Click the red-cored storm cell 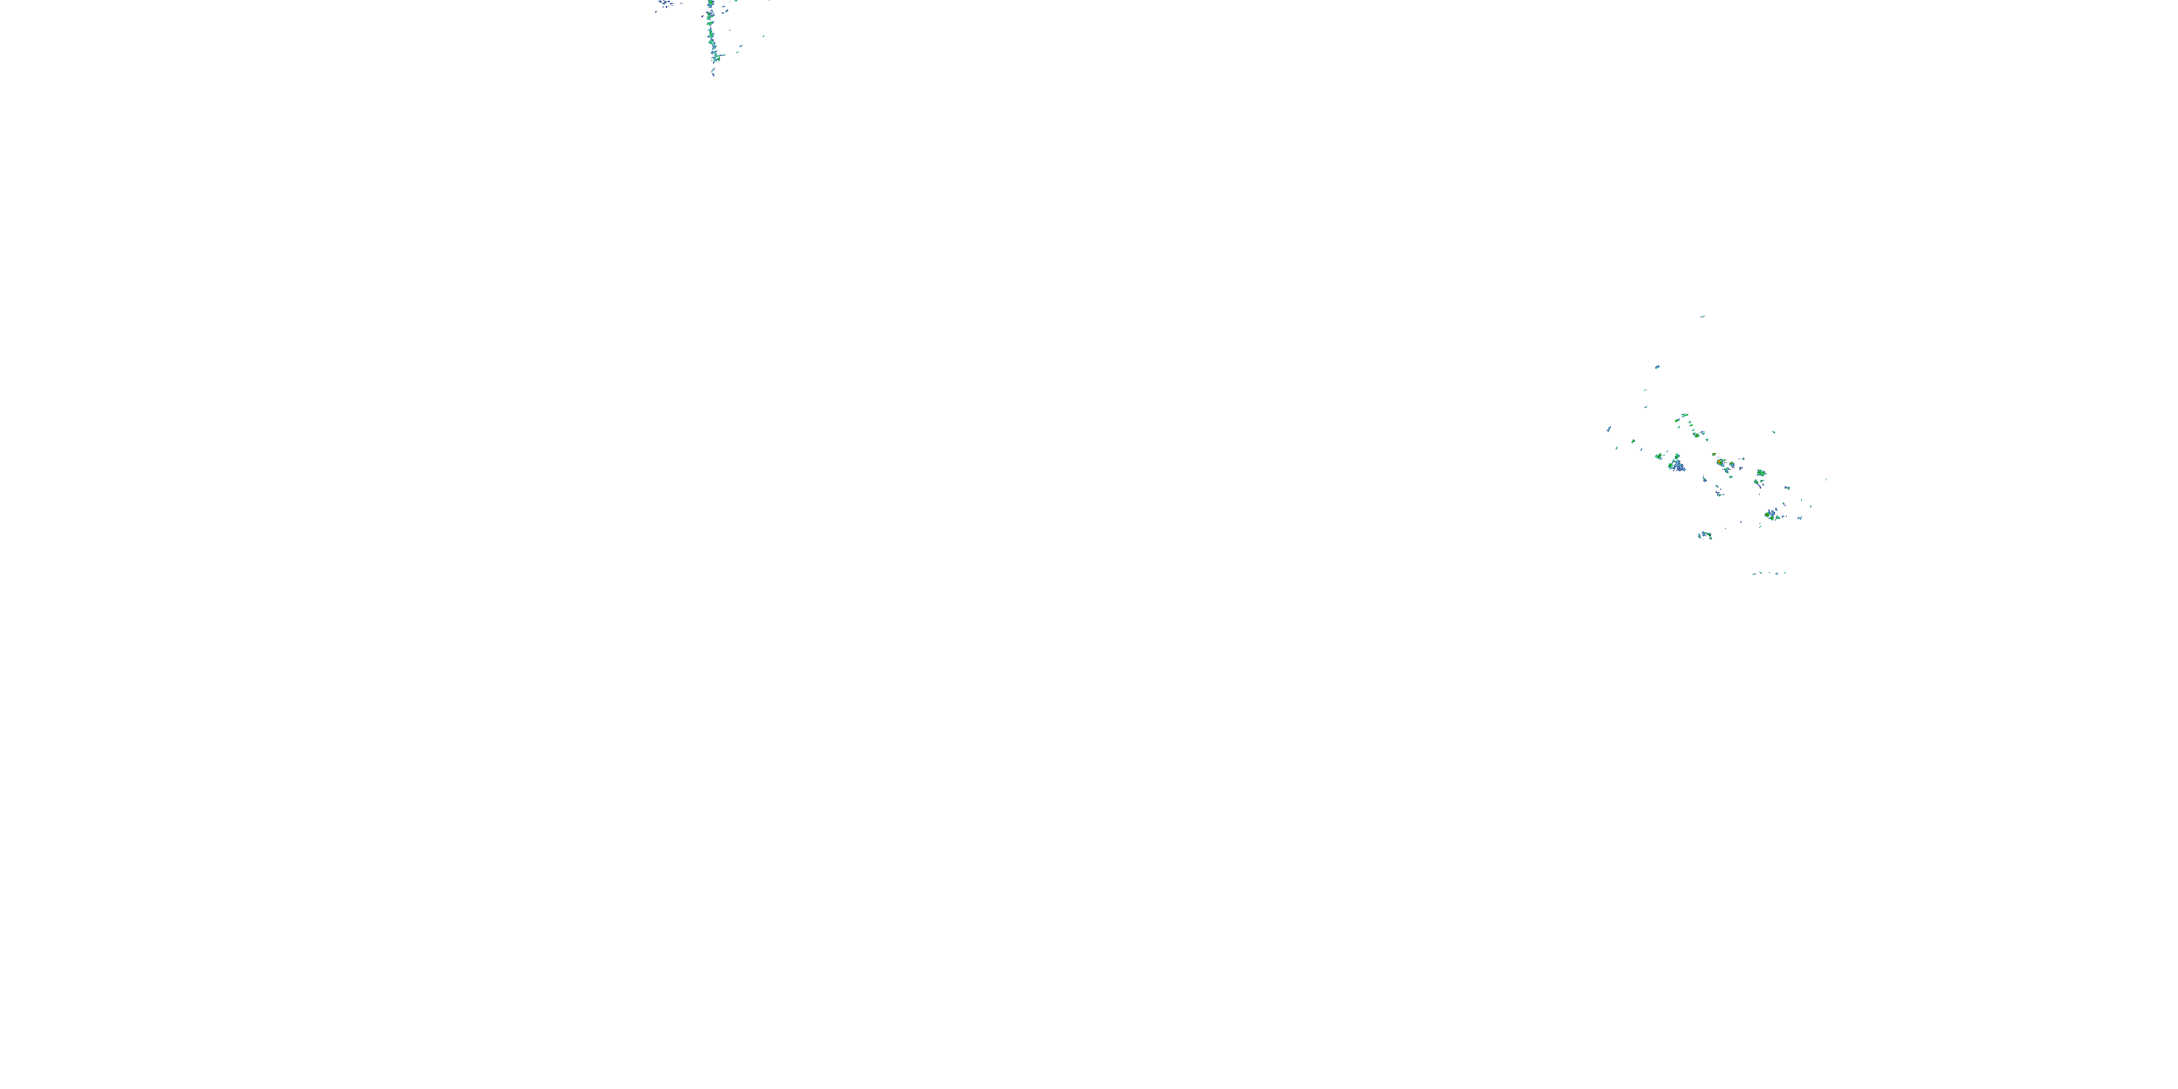(x=1720, y=462)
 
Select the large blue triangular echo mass (x=1679, y=466)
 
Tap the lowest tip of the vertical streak (x=714, y=76)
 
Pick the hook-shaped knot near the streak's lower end (x=717, y=57)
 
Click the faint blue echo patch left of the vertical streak (x=664, y=2)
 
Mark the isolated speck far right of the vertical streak (x=764, y=36)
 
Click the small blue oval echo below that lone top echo (x=1658, y=367)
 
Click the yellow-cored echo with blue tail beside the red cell (x=1732, y=464)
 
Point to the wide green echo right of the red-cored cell (x=1762, y=473)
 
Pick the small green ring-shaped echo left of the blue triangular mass (x=1660, y=457)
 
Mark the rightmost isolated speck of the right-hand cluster (x=1827, y=479)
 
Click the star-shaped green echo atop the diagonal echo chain (x=1685, y=415)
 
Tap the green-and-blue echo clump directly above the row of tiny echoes (x=1773, y=515)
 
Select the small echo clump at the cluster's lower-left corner (x=1705, y=535)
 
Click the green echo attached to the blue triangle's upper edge (x=1678, y=457)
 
